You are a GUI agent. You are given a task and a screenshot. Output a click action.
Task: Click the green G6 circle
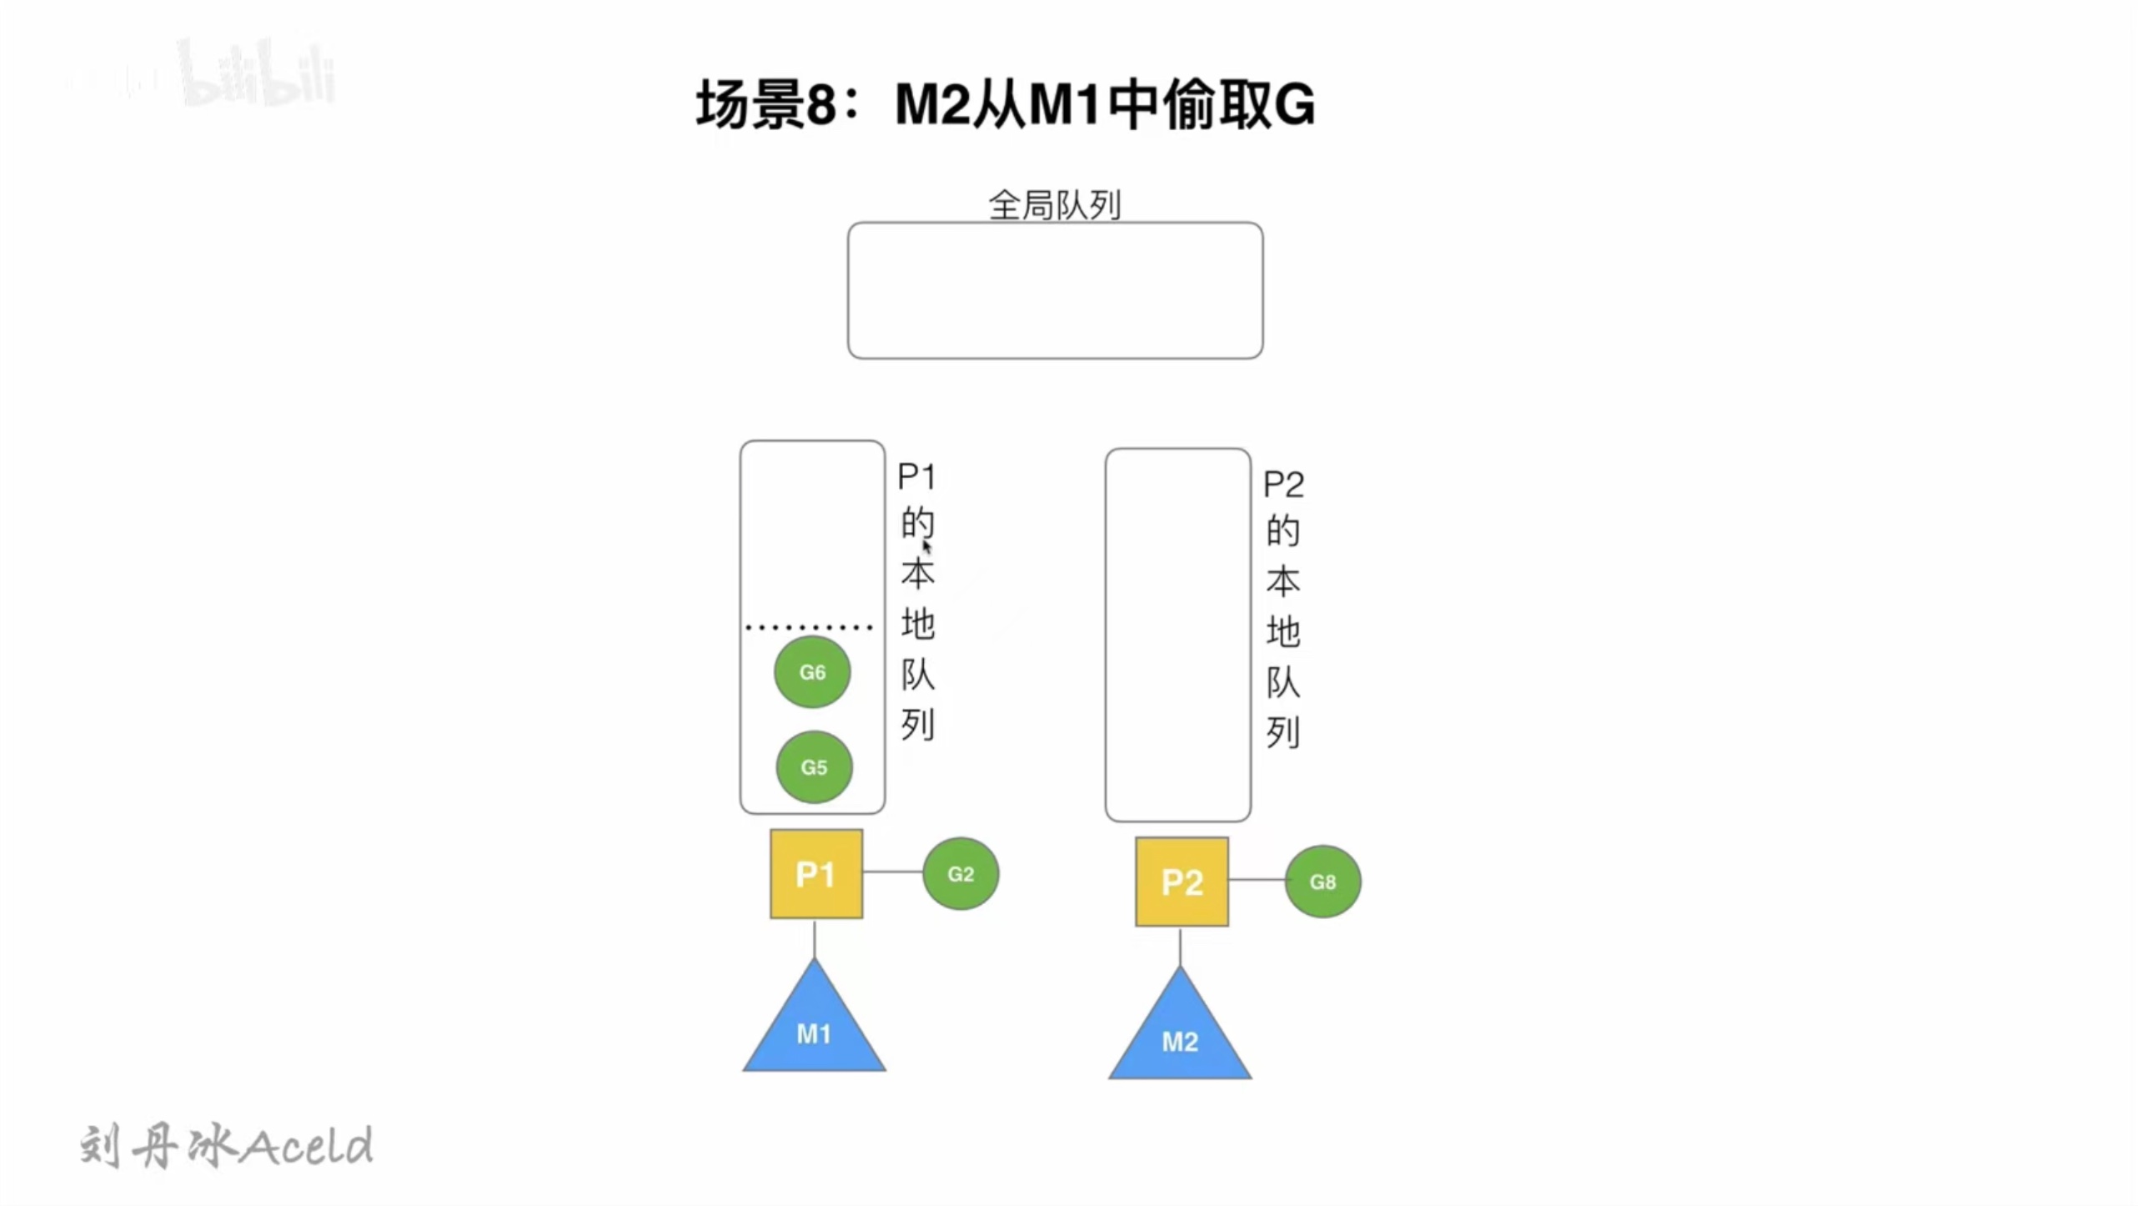point(812,671)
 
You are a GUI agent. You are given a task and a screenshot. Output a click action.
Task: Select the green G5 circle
point(814,766)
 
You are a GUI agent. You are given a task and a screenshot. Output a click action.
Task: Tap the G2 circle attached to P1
point(961,873)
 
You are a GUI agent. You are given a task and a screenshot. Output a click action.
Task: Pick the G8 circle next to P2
point(1322,882)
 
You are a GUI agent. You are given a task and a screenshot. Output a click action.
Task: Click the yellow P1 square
point(816,874)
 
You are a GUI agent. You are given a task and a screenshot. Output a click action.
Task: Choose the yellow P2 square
point(1182,882)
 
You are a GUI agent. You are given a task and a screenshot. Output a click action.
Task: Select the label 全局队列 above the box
point(1055,204)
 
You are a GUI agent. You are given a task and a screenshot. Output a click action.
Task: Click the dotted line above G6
point(810,626)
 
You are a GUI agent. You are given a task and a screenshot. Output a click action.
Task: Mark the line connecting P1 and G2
point(893,872)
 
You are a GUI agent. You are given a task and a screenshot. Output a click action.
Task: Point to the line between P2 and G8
point(1257,879)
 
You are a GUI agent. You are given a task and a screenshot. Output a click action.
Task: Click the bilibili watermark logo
point(258,73)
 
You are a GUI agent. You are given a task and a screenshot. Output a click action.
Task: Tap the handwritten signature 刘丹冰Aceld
point(226,1146)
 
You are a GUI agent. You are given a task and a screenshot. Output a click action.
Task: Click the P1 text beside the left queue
point(916,477)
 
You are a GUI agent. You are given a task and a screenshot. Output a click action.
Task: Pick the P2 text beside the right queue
point(1283,485)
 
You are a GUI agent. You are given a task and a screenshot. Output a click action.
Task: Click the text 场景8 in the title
point(766,105)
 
